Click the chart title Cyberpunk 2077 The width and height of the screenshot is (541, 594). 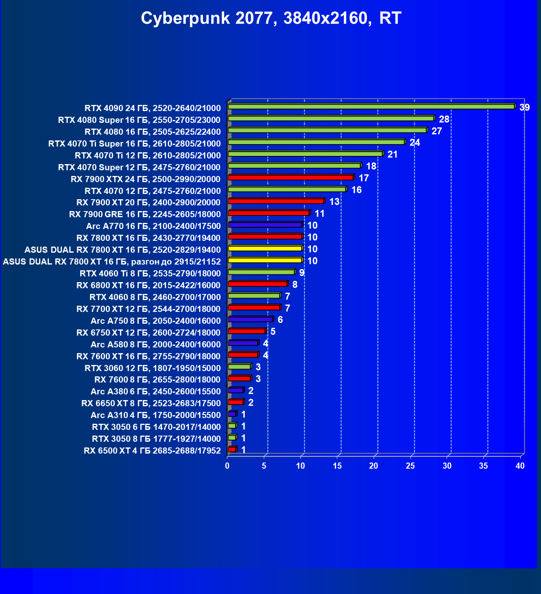click(271, 18)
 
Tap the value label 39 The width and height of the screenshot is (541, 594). click(524, 107)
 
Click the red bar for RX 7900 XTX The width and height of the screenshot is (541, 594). click(290, 178)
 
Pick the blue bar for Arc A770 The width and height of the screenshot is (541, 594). click(265, 225)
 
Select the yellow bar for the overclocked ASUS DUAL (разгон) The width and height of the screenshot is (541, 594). click(265, 260)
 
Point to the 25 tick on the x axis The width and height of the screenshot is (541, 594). click(410, 466)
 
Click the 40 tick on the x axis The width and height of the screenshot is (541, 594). click(520, 466)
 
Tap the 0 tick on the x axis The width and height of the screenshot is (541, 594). click(227, 466)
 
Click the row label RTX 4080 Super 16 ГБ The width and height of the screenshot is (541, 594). click(139, 120)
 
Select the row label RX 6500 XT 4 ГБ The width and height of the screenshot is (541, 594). click(152, 451)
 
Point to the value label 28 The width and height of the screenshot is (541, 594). click(444, 119)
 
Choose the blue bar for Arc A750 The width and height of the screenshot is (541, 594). click(250, 319)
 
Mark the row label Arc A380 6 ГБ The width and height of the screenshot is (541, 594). click(156, 392)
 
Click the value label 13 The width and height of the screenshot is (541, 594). click(334, 202)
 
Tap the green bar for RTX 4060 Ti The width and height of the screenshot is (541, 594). click(261, 272)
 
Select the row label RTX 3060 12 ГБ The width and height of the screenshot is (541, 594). click(152, 368)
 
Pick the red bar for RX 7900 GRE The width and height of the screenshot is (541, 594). click(268, 213)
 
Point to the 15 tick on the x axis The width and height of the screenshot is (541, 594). click(337, 466)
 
